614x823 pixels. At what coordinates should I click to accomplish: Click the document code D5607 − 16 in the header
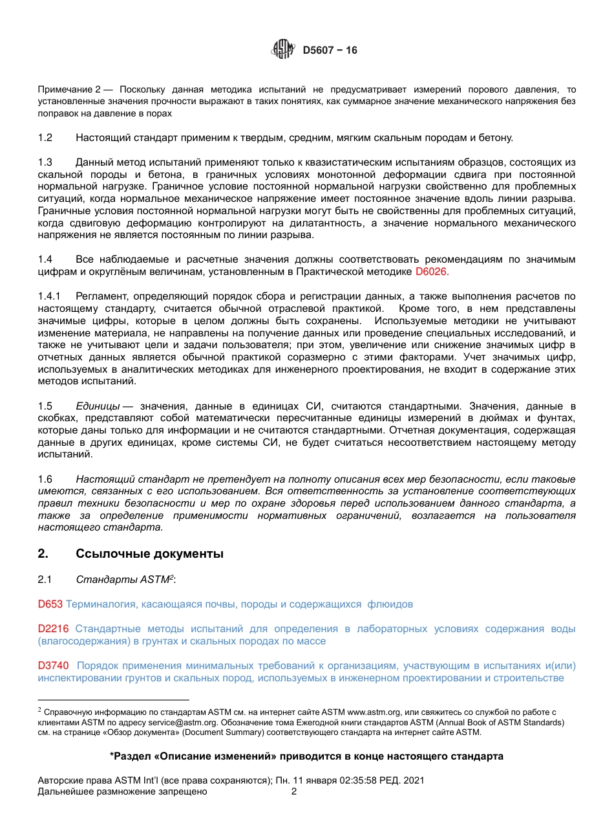coord(330,50)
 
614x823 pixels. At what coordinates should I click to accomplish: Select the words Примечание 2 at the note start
coord(69,89)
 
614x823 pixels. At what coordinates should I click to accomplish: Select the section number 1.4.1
coord(49,296)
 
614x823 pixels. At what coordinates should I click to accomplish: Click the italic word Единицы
coord(97,406)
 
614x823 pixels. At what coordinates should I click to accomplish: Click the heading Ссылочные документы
coord(149,554)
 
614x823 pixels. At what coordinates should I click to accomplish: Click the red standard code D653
coord(50,604)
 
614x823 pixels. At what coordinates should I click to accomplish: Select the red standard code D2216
coord(52,629)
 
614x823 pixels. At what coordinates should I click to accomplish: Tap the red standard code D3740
coord(53,666)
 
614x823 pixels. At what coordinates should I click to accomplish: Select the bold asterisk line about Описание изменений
coord(306,756)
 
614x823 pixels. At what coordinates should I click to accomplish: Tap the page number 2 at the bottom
coord(294,792)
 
